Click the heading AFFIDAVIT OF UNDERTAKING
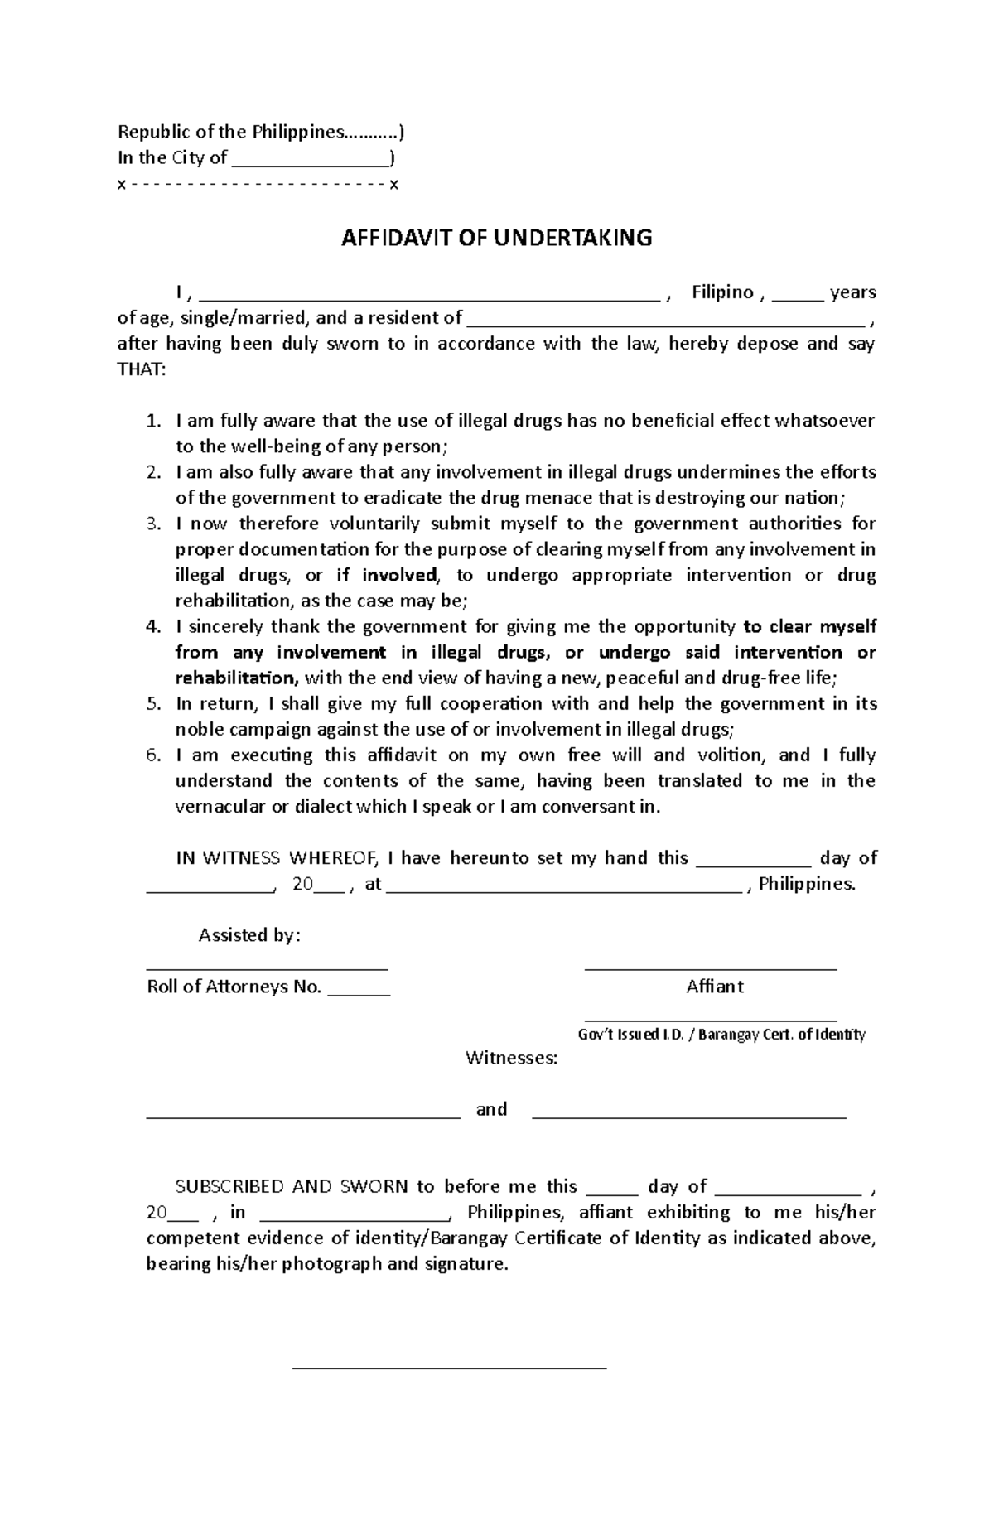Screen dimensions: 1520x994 click(497, 239)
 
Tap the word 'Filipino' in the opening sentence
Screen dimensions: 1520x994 click(722, 292)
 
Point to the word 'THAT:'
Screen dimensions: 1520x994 click(142, 369)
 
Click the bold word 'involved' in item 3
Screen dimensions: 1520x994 click(399, 575)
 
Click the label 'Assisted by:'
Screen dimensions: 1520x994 click(249, 935)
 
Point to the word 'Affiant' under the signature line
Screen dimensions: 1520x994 click(714, 987)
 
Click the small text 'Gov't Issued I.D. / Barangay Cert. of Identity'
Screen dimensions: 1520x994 click(721, 1035)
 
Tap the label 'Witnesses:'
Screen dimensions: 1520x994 click(511, 1058)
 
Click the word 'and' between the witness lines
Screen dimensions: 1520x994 click(491, 1109)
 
